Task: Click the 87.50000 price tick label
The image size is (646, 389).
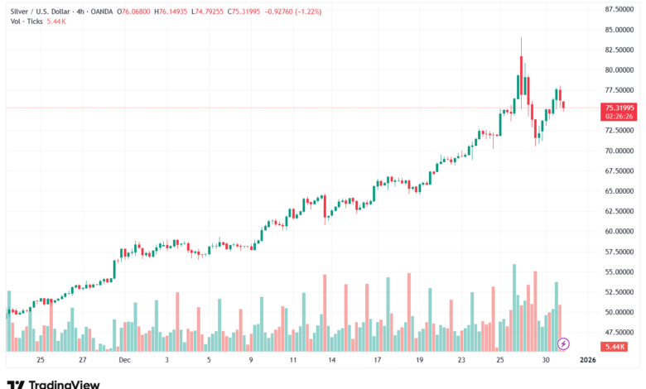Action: tap(619, 9)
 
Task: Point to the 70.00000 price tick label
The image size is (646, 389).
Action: tap(619, 151)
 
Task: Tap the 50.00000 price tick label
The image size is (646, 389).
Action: tap(619, 312)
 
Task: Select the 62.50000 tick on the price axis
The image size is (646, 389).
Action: tap(619, 211)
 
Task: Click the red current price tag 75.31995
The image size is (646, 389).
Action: tap(619, 108)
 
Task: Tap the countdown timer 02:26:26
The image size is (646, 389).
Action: tap(619, 117)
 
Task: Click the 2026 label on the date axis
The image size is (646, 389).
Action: tap(587, 360)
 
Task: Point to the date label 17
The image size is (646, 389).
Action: tap(377, 360)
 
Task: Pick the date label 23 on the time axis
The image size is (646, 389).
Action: tap(461, 360)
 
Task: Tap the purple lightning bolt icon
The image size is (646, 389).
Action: tap(564, 343)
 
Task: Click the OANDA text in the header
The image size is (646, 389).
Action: tap(102, 11)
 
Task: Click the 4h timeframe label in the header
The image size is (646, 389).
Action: tap(81, 11)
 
